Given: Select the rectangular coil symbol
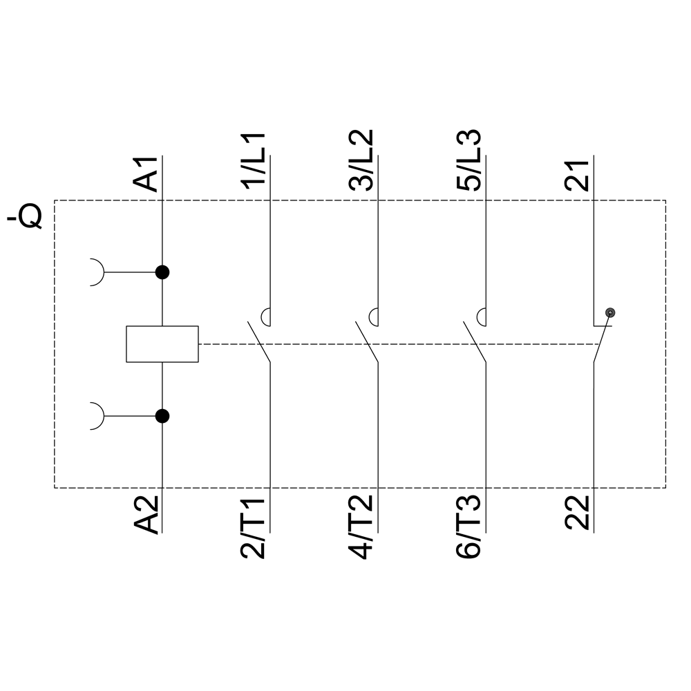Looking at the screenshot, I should [x=162, y=343].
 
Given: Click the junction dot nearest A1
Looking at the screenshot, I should [x=162, y=272].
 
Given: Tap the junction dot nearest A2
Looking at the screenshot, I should [x=162, y=416].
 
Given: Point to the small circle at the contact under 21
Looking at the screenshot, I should [x=609, y=313].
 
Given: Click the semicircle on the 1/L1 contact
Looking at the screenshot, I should [x=266, y=317].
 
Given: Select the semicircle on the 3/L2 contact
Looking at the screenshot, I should [x=374, y=317].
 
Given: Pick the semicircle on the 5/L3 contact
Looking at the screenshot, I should [x=482, y=317].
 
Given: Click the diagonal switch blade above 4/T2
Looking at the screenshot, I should [x=367, y=341].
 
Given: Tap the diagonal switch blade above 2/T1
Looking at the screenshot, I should [x=259, y=341].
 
